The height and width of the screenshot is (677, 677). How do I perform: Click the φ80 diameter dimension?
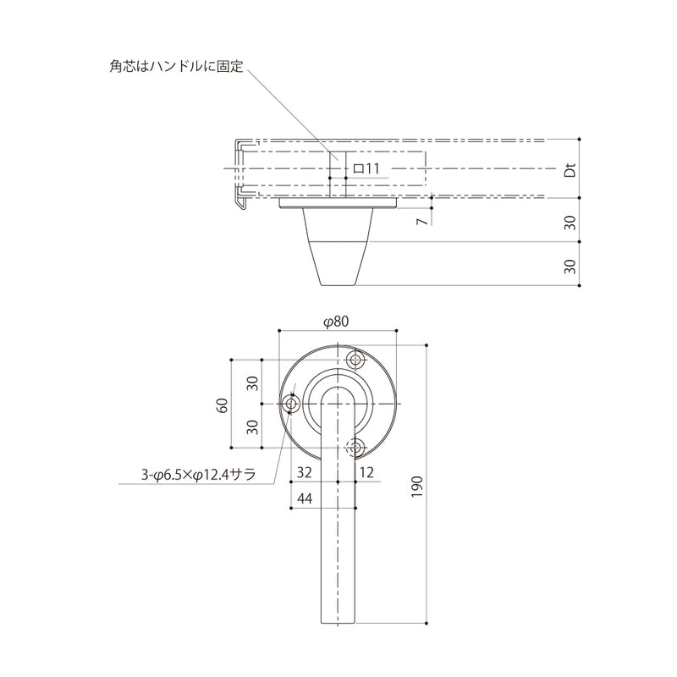point(337,321)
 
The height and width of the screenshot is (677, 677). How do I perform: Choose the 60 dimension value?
point(223,405)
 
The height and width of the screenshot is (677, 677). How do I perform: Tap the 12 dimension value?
point(366,471)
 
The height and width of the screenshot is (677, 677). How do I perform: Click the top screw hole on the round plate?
point(355,359)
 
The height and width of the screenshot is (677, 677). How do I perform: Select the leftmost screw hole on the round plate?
point(292,405)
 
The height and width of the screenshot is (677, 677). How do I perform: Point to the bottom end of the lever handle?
point(338,619)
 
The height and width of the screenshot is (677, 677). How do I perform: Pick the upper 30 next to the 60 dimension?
point(251,383)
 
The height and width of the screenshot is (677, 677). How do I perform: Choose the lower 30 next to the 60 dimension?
point(251,426)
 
